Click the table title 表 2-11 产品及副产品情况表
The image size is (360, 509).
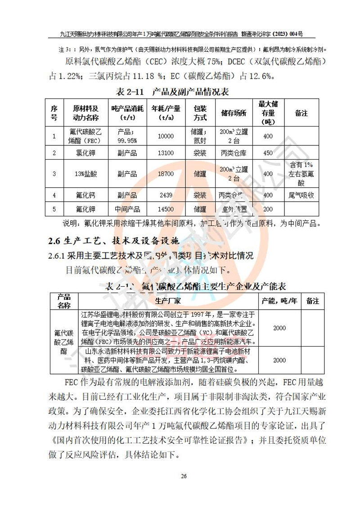[x=173, y=92]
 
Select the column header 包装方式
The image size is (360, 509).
[x=200, y=113]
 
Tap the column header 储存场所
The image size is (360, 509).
[x=234, y=113]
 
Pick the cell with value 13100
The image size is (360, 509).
[x=166, y=153]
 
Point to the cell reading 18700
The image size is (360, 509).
[x=166, y=174]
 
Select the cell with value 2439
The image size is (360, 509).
[x=166, y=196]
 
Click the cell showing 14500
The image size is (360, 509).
[x=166, y=209]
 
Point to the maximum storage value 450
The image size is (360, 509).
[x=268, y=153]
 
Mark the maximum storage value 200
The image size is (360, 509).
[x=268, y=209]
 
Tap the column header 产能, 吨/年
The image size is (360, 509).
[x=279, y=301]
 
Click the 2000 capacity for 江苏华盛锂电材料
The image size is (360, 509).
[x=279, y=328]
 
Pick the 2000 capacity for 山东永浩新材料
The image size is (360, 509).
[x=279, y=360]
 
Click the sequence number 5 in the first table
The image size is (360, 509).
[x=54, y=209]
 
